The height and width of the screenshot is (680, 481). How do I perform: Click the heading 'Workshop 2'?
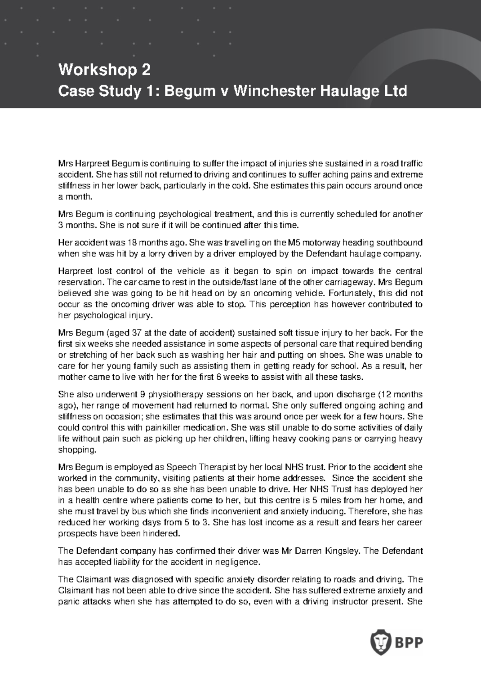click(x=105, y=70)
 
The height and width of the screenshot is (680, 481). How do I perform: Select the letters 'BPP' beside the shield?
click(x=409, y=643)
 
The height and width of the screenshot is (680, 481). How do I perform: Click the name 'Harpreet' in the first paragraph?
click(x=93, y=164)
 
